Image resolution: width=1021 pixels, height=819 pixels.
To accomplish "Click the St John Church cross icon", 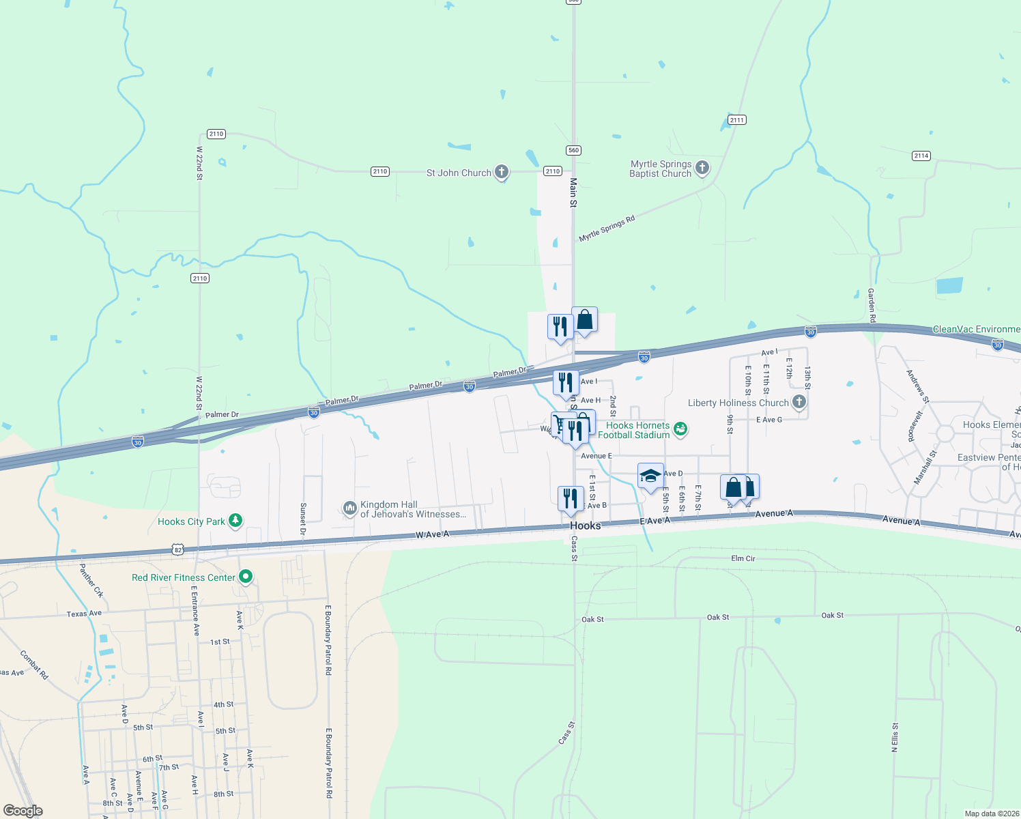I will tap(502, 172).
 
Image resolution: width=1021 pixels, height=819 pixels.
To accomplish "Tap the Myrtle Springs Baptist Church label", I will tap(660, 169).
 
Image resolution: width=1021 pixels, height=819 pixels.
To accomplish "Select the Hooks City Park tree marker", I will tap(235, 521).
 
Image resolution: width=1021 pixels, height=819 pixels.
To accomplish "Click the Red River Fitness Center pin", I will tap(246, 577).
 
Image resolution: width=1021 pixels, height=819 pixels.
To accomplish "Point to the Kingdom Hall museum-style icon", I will tap(349, 508).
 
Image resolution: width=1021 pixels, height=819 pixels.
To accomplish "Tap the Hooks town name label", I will tap(586, 526).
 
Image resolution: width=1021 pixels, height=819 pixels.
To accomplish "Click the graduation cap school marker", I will tap(650, 475).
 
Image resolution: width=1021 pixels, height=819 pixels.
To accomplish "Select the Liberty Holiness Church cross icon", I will tap(799, 402).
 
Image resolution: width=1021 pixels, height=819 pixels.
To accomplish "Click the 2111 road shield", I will tap(736, 120).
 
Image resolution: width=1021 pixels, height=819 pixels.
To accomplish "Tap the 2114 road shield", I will tap(921, 156).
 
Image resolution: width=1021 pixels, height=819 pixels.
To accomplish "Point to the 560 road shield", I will tap(573, 150).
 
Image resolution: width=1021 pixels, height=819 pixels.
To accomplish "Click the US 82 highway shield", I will tap(178, 549).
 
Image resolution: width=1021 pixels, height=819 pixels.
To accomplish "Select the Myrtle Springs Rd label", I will tap(607, 229).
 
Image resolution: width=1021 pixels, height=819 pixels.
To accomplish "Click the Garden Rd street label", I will tap(872, 305).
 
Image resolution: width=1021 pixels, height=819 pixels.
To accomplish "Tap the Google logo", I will tap(23, 811).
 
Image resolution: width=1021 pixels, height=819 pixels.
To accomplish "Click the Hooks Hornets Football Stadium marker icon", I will tap(680, 429).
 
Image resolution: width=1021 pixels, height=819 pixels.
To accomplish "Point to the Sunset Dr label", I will tap(303, 519).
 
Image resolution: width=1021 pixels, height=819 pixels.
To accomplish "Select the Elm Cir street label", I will tap(743, 558).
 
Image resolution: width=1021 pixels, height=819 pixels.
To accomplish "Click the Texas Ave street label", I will tap(84, 614).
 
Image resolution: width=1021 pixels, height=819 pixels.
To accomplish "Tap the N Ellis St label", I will tap(895, 737).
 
